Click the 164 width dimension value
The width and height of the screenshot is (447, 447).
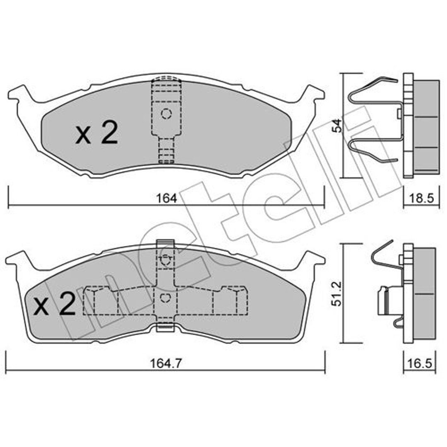[166, 198]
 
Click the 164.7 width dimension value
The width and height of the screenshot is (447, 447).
[166, 363]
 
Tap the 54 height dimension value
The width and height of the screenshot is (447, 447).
[337, 125]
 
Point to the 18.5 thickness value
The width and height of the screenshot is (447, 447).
[421, 198]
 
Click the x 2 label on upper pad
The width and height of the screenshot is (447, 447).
[96, 132]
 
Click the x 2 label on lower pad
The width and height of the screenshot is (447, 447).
[55, 304]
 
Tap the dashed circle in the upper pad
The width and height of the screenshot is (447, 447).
[166, 114]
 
